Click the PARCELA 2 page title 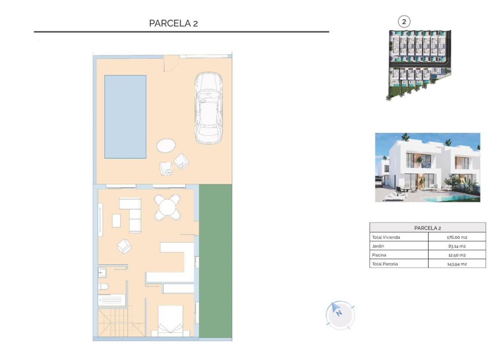click(173, 23)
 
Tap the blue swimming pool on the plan click(125, 117)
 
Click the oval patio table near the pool click(166, 146)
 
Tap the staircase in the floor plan click(113, 323)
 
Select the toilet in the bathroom click(103, 286)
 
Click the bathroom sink click(103, 273)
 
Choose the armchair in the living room click(124, 246)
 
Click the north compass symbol click(340, 315)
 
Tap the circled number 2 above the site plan click(404, 22)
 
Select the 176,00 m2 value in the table click(457, 237)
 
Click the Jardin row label click(378, 246)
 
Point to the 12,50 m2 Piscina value click(457, 255)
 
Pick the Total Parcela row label click(385, 264)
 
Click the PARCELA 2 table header click(428, 228)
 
